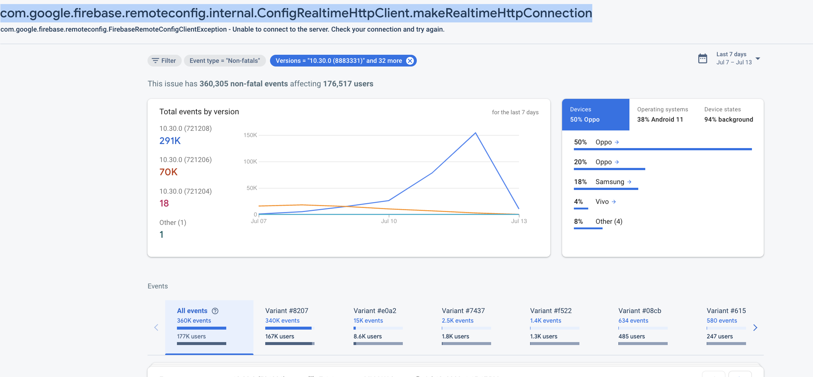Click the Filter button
click(164, 61)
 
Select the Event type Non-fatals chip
click(224, 61)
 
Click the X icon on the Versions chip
click(410, 61)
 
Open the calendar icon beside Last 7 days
click(703, 58)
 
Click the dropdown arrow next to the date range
click(758, 58)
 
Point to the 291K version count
click(170, 141)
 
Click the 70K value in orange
click(168, 172)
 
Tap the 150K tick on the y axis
click(250, 135)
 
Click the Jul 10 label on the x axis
click(389, 221)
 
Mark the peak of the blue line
click(475, 133)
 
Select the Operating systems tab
click(663, 114)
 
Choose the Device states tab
click(728, 114)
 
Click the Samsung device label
click(610, 182)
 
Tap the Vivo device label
click(602, 202)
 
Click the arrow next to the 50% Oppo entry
click(617, 142)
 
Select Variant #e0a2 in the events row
click(375, 311)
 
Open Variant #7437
click(463, 311)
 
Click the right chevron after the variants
click(755, 327)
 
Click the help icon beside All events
click(215, 311)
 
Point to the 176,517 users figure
click(348, 84)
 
